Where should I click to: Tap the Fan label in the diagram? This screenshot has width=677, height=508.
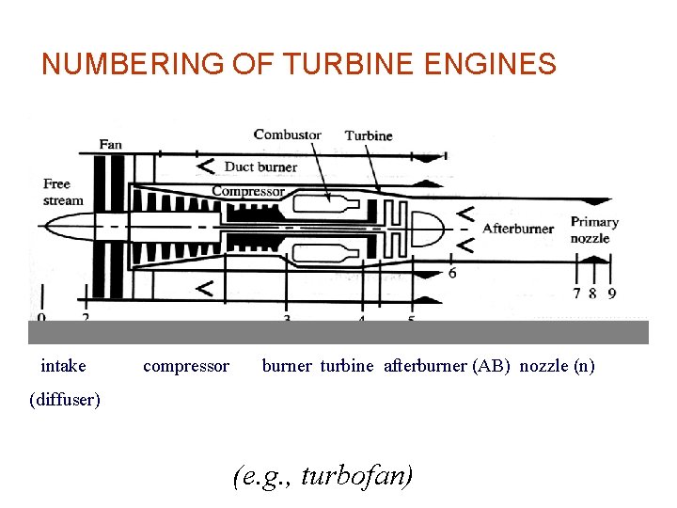click(111, 144)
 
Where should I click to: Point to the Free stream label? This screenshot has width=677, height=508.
click(63, 192)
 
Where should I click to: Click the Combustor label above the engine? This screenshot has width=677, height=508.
click(287, 135)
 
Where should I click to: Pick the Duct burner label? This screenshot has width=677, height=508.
click(260, 167)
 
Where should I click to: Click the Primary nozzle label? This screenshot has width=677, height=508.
click(594, 230)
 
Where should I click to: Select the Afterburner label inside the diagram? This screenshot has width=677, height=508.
click(518, 228)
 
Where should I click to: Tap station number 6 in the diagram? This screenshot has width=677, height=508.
click(452, 273)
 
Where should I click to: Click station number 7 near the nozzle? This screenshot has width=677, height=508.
click(576, 294)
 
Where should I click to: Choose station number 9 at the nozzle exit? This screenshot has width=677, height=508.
click(612, 294)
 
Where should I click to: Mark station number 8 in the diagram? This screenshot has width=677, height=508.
click(592, 294)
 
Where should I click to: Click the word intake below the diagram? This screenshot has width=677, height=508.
click(63, 365)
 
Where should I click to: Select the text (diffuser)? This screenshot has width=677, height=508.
click(65, 400)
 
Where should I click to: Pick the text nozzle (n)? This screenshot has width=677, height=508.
click(557, 365)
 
